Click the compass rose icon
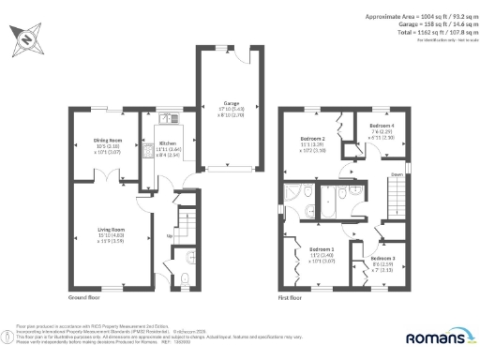[24, 39]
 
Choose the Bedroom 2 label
[313, 139]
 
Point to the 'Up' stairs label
[169, 235]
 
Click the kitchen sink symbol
[170, 119]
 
